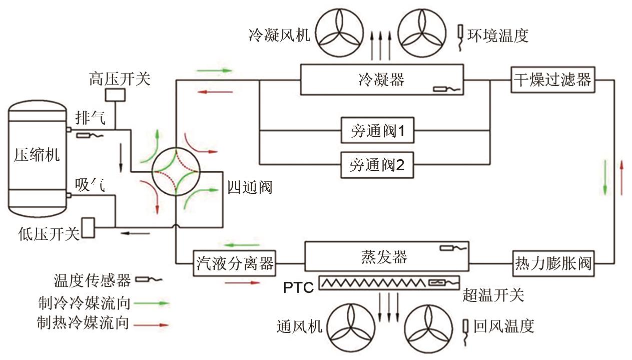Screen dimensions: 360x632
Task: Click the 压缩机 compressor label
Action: (37, 155)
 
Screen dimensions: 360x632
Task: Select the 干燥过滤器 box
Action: (552, 80)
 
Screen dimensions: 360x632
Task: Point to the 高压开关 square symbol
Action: (115, 95)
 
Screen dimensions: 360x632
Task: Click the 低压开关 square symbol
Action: (89, 227)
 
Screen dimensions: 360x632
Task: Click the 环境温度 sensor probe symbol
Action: (461, 36)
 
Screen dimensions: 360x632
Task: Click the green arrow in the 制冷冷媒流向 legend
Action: (155, 303)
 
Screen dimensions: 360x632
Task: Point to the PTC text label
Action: (299, 287)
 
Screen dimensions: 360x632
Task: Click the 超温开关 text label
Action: (493, 295)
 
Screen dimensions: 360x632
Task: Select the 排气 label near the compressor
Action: (90, 118)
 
